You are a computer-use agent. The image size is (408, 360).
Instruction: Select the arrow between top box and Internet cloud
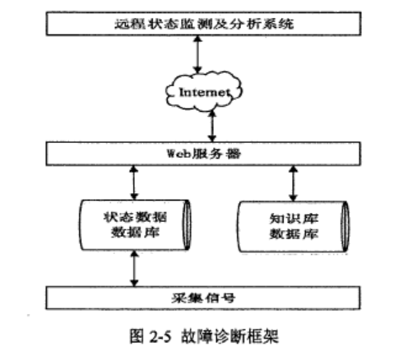point(197,54)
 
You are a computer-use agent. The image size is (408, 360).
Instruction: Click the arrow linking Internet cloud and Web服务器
point(212,126)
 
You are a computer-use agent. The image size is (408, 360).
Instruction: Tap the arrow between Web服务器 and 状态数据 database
point(133,182)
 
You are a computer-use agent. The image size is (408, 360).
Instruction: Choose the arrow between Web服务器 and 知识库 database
point(293,183)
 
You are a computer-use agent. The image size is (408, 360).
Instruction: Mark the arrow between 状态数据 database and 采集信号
point(134,269)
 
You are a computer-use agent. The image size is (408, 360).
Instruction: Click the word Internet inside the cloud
point(205,92)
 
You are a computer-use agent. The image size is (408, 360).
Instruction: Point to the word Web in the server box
point(178,154)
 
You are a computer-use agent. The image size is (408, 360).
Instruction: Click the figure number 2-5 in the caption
point(160,336)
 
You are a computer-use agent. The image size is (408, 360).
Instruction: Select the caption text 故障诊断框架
point(229,336)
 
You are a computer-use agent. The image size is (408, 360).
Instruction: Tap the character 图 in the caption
point(137,336)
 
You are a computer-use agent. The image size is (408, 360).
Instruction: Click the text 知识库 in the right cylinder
point(294,219)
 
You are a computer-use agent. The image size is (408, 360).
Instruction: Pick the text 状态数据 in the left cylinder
point(135,217)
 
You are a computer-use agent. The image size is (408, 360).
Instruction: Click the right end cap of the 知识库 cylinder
point(345,227)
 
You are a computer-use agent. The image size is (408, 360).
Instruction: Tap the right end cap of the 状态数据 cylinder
point(188,225)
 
